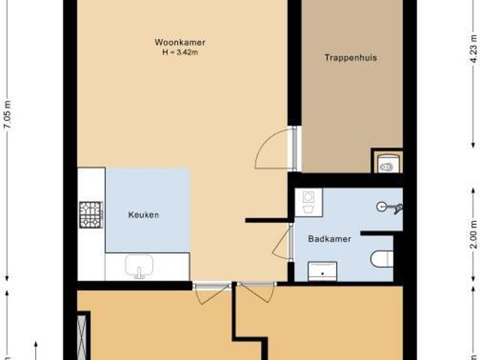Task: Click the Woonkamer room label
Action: [x=179, y=42]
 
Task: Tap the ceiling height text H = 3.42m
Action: [x=179, y=52]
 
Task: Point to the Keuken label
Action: [x=144, y=215]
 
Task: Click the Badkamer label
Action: [x=329, y=239]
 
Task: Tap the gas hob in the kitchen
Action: [x=91, y=214]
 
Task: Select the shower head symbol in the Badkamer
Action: [x=388, y=206]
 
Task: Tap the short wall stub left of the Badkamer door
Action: [x=266, y=220]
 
